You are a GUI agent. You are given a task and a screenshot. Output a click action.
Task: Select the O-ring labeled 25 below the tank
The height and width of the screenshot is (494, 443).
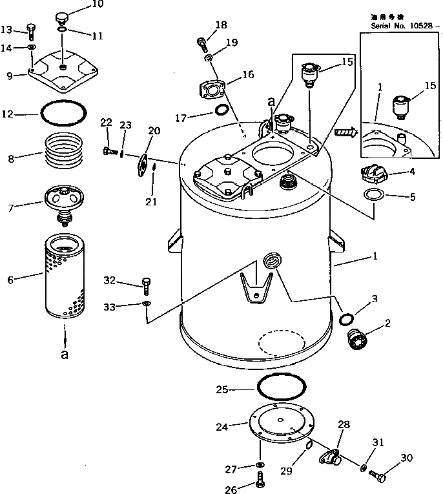pos(282,389)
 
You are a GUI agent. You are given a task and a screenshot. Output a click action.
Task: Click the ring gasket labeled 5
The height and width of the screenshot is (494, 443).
pos(373,195)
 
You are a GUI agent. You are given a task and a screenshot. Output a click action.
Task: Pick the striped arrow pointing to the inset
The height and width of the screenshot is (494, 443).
pos(346,133)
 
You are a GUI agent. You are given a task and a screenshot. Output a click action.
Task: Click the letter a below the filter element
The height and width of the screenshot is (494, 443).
pos(64,355)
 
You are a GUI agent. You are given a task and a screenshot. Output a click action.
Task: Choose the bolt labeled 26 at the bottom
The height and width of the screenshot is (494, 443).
pos(260,479)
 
